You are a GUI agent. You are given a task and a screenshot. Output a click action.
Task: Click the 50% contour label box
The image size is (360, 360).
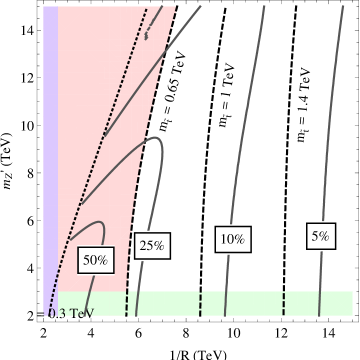(x=96, y=259)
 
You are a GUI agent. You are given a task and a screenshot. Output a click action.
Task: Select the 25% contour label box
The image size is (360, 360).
(x=152, y=246)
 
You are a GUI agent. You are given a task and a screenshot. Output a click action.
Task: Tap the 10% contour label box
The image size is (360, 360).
(x=232, y=239)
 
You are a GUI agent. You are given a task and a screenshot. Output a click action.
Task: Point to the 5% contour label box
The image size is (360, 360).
(x=320, y=236)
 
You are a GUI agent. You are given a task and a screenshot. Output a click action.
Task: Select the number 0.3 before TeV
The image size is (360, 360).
(x=56, y=313)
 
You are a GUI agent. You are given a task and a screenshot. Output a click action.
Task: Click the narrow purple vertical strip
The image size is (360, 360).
(x=50, y=150)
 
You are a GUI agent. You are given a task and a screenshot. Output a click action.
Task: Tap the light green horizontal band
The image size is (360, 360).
(x=250, y=302)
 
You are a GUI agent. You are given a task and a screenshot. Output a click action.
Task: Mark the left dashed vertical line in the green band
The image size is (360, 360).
(x=201, y=303)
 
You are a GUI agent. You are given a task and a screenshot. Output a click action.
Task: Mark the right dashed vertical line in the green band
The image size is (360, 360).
(x=283, y=303)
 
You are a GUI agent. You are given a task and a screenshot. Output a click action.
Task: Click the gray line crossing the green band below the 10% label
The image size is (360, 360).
(x=228, y=303)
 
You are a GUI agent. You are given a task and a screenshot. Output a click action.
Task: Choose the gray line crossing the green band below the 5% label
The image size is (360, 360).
(x=318, y=303)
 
